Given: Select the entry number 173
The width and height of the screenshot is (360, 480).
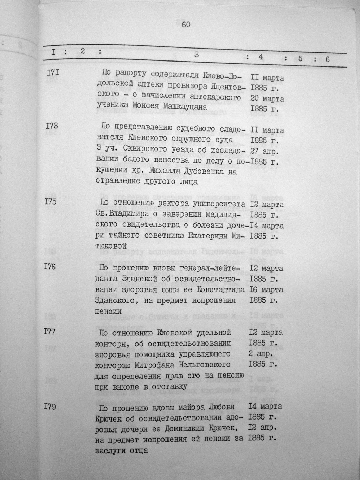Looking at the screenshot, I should coord(52,126).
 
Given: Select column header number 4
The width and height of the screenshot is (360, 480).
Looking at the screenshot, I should coord(261,57).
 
